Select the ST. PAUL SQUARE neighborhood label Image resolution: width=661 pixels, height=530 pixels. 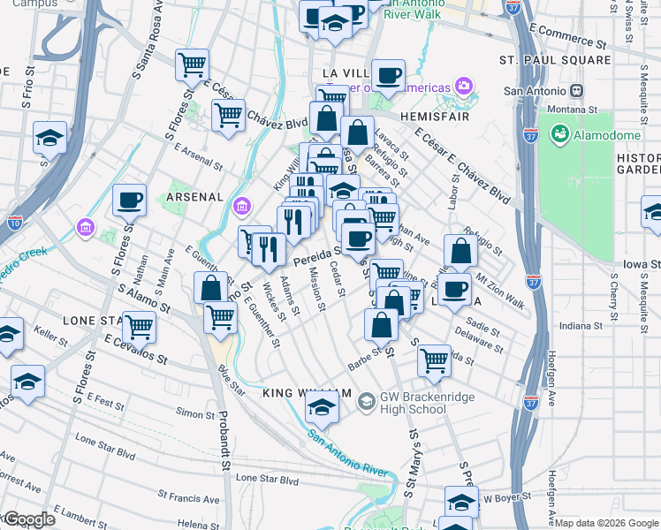pos(555,60)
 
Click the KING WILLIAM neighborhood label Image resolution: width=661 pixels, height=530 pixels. pos(307,393)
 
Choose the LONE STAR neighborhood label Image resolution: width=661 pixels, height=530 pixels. pos(95,319)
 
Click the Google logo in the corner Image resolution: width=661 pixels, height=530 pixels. pos(30,519)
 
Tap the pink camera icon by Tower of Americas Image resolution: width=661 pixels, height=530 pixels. pos(463,86)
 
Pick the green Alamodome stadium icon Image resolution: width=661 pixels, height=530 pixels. pos(559,134)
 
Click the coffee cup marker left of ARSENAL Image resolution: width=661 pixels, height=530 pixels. pos(130,201)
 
